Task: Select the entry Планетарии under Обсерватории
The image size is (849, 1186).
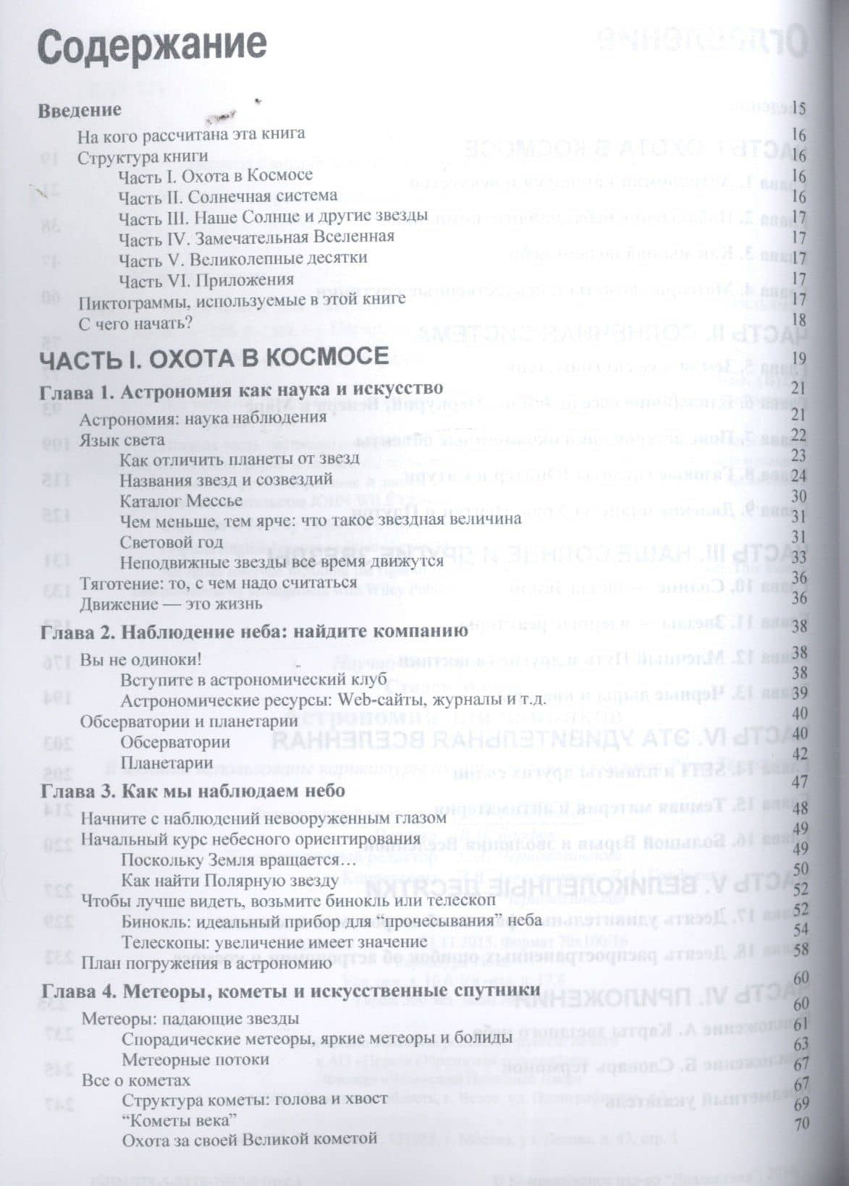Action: click(x=166, y=762)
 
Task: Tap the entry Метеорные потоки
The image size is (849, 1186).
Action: click(x=195, y=1059)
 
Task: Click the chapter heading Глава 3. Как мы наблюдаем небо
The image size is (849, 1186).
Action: click(x=193, y=791)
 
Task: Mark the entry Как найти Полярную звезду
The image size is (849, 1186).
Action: click(x=229, y=881)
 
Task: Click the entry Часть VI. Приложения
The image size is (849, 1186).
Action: click(x=206, y=279)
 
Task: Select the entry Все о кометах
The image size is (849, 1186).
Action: click(x=136, y=1080)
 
